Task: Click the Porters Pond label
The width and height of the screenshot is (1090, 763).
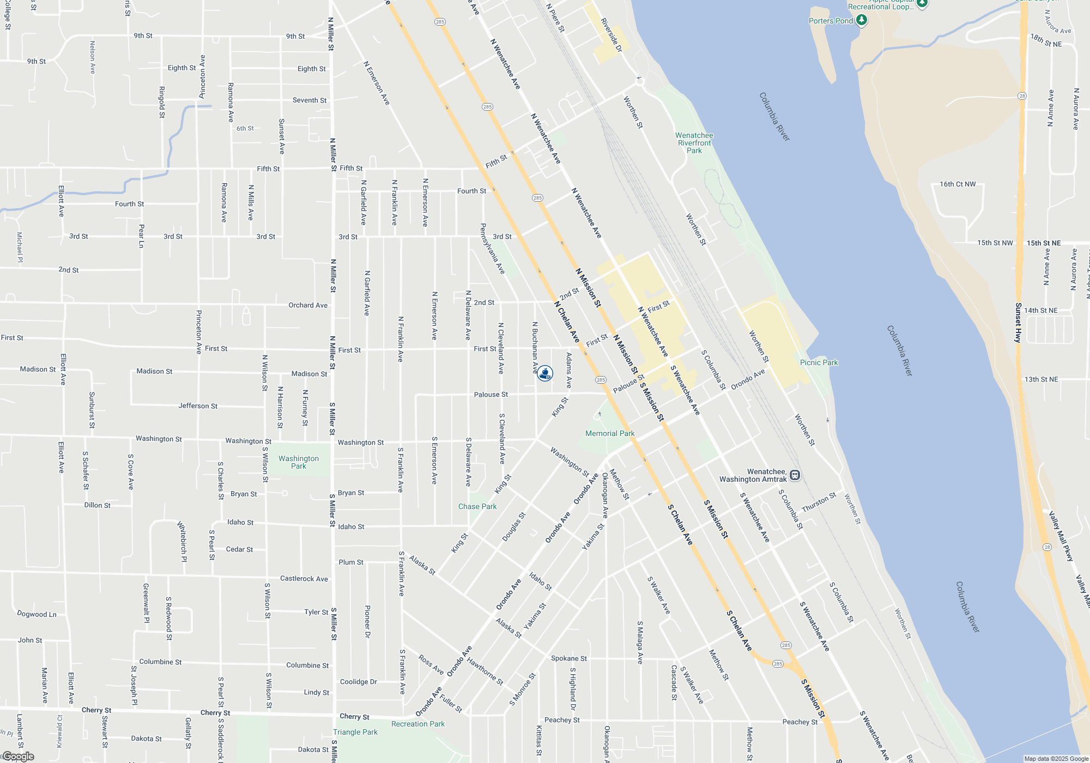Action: click(831, 21)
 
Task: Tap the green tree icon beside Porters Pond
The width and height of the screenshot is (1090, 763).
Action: click(861, 20)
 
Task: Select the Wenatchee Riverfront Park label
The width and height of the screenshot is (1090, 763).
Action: click(694, 143)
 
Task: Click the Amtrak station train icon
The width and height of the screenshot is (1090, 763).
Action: click(795, 475)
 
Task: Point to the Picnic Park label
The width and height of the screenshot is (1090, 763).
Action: click(819, 362)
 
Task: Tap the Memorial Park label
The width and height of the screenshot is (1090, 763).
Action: click(610, 433)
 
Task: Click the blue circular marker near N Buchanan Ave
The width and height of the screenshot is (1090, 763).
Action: click(545, 373)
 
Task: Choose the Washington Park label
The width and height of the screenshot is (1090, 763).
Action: click(299, 462)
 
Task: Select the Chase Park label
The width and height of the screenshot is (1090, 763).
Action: click(477, 506)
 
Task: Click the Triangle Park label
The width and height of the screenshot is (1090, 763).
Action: click(355, 732)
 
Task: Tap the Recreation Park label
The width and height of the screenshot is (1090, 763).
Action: click(418, 724)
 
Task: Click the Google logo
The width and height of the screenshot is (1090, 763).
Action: click(18, 756)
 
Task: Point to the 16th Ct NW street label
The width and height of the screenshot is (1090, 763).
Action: click(958, 184)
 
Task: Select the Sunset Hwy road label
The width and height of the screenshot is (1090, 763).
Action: click(1018, 323)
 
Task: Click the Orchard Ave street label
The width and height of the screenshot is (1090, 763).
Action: click(308, 305)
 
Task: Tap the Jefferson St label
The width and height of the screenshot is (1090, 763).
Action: click(198, 406)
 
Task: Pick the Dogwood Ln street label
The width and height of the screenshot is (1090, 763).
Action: click(37, 614)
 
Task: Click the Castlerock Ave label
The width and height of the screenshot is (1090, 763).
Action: click(304, 579)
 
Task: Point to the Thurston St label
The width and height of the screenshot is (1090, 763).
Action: click(819, 502)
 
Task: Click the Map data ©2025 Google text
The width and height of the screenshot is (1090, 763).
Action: click(1056, 759)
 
